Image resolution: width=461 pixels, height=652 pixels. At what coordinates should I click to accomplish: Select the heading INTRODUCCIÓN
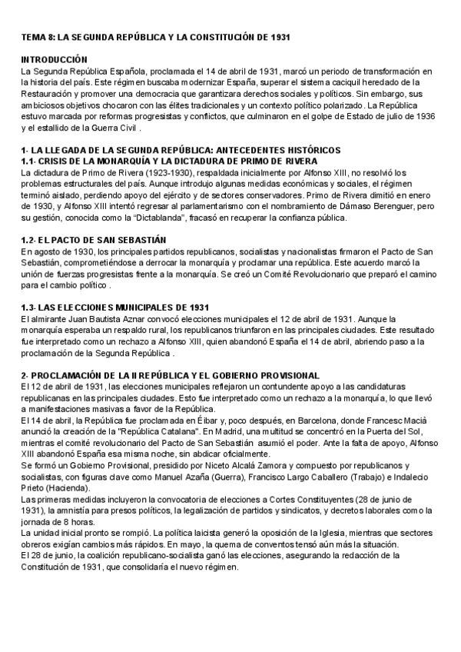(x=54, y=59)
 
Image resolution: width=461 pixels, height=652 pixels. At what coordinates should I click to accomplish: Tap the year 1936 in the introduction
(x=424, y=115)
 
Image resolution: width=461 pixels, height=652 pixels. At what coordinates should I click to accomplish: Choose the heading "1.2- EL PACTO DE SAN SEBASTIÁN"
(x=92, y=240)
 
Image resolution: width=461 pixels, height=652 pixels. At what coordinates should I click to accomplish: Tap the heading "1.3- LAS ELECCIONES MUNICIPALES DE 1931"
(x=114, y=307)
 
